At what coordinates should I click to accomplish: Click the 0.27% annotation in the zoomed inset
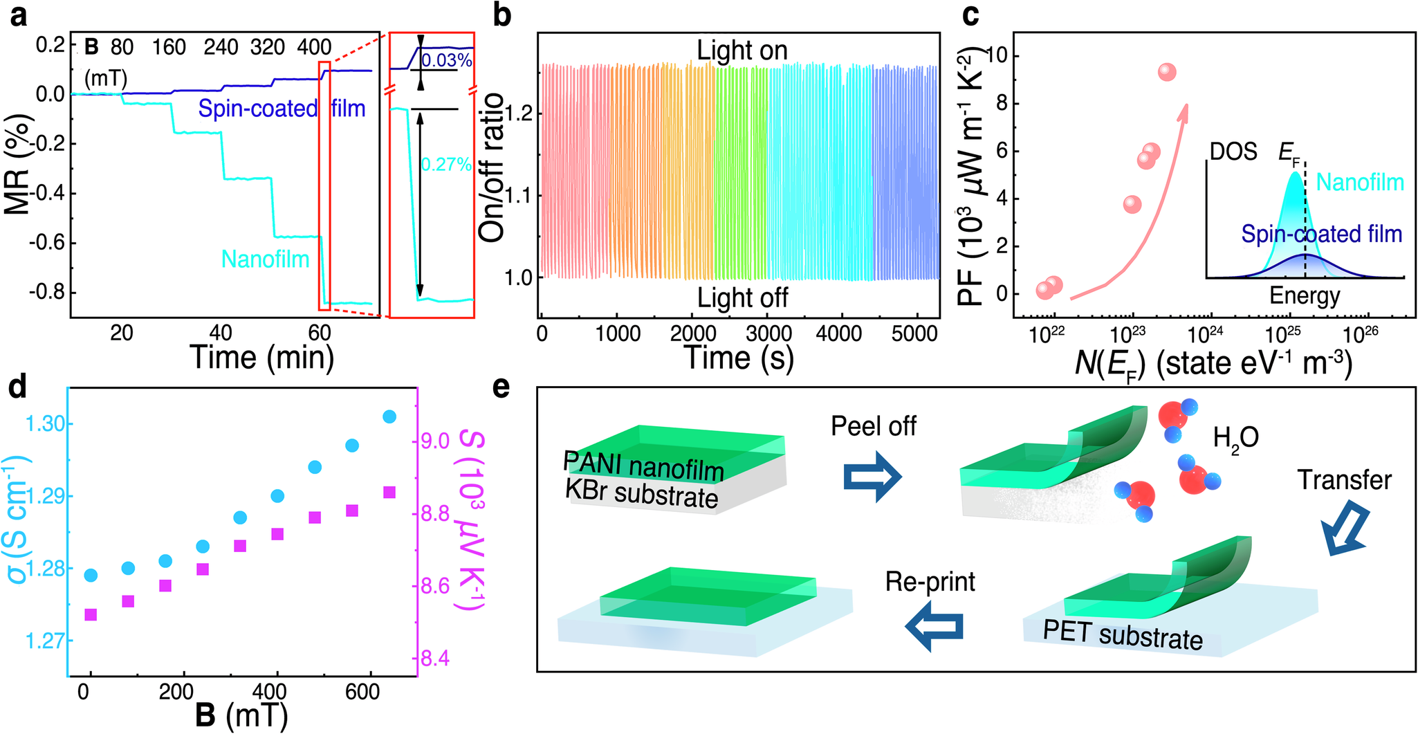click(446, 165)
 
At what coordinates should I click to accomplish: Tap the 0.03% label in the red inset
click(446, 61)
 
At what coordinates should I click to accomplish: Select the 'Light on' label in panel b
click(742, 51)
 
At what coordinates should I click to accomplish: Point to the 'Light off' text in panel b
click(742, 297)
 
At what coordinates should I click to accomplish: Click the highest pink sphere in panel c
click(1167, 72)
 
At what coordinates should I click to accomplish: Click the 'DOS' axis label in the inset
click(1233, 152)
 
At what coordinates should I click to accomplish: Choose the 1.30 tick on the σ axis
click(45, 424)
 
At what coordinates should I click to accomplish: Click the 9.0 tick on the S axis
click(434, 441)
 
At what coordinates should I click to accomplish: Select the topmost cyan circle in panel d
click(389, 416)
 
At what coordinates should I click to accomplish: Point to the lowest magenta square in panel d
click(90, 614)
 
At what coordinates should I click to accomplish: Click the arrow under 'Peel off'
click(873, 477)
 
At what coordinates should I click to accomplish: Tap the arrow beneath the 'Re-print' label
click(934, 627)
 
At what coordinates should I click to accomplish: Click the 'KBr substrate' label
click(641, 495)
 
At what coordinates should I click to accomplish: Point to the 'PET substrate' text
click(1123, 634)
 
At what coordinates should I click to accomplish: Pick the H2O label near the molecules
click(1235, 437)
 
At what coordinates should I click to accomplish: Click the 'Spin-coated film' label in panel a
click(282, 109)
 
